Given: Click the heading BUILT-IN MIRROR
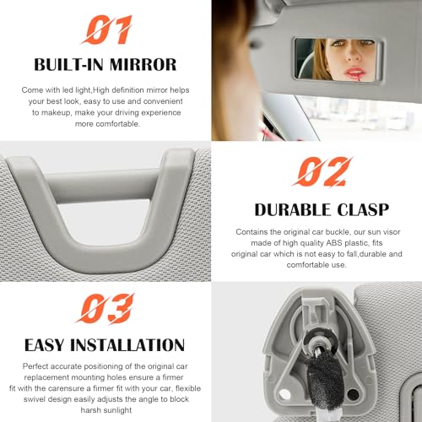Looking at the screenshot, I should [105, 64].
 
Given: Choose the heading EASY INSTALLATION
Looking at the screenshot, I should [105, 345].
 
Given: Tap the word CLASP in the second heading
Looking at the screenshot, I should [363, 208].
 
